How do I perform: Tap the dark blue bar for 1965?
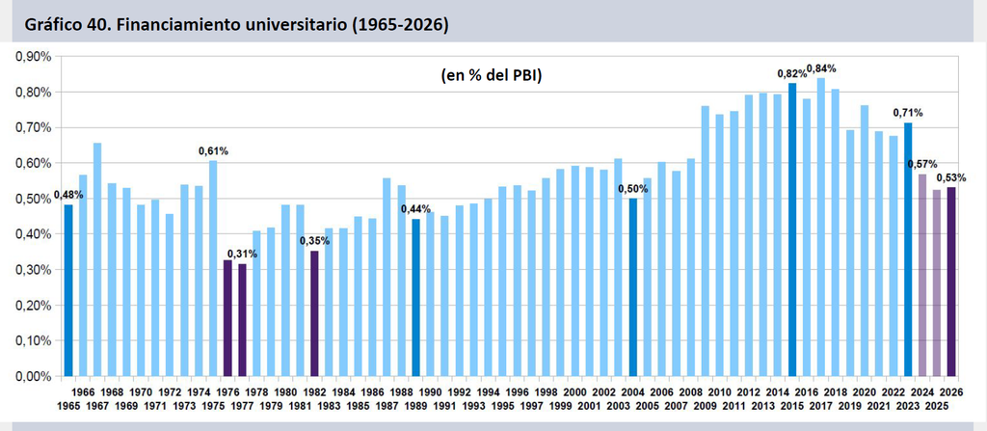point(68,290)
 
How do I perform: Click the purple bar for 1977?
point(242,320)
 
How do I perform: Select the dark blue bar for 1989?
point(416,297)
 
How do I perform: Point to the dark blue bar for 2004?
point(633,287)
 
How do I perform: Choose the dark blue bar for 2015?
point(792,230)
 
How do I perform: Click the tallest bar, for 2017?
point(821,228)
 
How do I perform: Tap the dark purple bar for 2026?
point(951,282)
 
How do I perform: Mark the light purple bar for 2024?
point(922,276)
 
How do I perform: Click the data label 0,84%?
point(821,68)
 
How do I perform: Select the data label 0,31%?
point(242,254)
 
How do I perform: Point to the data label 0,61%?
point(213,150)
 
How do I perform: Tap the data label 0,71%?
point(908,114)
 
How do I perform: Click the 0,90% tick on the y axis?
point(35,57)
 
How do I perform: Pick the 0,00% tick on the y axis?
point(35,377)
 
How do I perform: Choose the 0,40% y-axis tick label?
point(35,234)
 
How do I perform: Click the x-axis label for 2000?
point(575,391)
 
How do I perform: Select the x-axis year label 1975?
point(213,404)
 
